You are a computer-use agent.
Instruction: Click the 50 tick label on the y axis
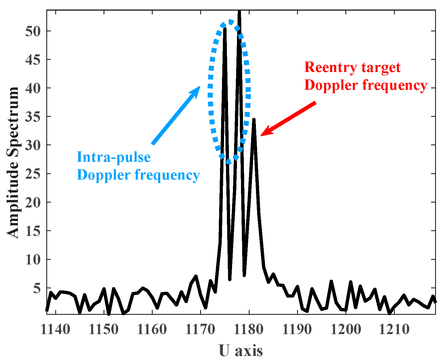(x=33, y=31)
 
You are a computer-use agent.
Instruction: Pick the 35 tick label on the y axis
(x=33, y=117)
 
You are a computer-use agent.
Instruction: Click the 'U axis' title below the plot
(x=241, y=351)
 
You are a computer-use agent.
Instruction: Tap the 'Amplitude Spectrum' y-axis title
(x=13, y=163)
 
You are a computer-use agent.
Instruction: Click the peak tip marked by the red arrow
(x=254, y=119)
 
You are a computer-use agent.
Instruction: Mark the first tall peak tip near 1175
(x=225, y=28)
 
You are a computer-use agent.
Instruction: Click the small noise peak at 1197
(x=331, y=281)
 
